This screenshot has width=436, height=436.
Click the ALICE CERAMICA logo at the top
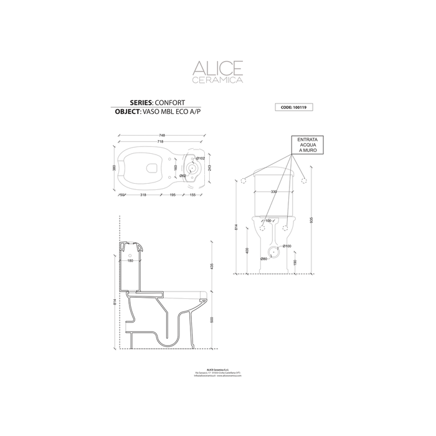[x=217, y=72]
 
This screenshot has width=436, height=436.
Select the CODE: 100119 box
[x=293, y=107]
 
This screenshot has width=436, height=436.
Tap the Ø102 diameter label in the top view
[x=200, y=159]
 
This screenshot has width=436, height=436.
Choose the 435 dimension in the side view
[x=212, y=266]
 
